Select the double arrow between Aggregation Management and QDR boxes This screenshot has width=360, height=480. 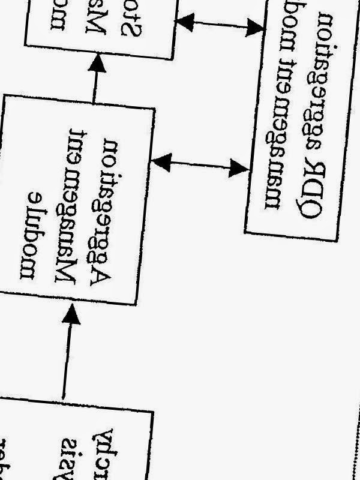coord(200,164)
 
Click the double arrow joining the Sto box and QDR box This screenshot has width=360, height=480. coord(220,24)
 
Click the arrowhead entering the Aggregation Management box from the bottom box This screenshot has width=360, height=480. coord(71,314)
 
